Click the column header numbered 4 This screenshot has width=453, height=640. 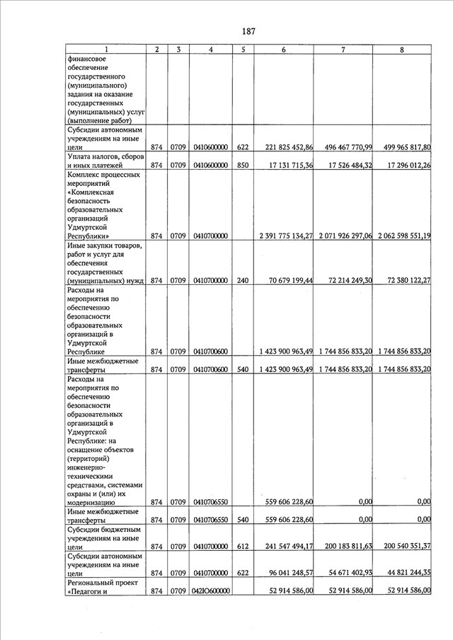pos(211,50)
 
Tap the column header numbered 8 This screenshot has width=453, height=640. pos(402,50)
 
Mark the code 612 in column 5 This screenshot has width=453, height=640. pos(243,546)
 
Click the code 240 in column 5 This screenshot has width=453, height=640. pos(243,281)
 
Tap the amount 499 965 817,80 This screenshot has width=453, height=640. pos(401,147)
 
